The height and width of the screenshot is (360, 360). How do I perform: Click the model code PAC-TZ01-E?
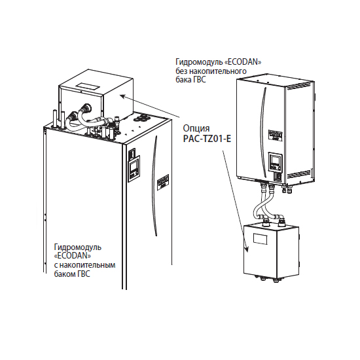[207, 139]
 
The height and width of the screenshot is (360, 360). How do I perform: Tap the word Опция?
[196, 128]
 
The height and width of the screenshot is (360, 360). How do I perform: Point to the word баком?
[64, 274]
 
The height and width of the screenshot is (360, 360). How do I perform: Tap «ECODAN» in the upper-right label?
[243, 62]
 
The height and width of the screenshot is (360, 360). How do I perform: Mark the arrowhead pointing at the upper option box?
[123, 96]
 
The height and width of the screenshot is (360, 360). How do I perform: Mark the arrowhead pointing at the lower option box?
[247, 249]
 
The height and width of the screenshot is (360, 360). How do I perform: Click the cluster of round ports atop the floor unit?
[141, 118]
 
